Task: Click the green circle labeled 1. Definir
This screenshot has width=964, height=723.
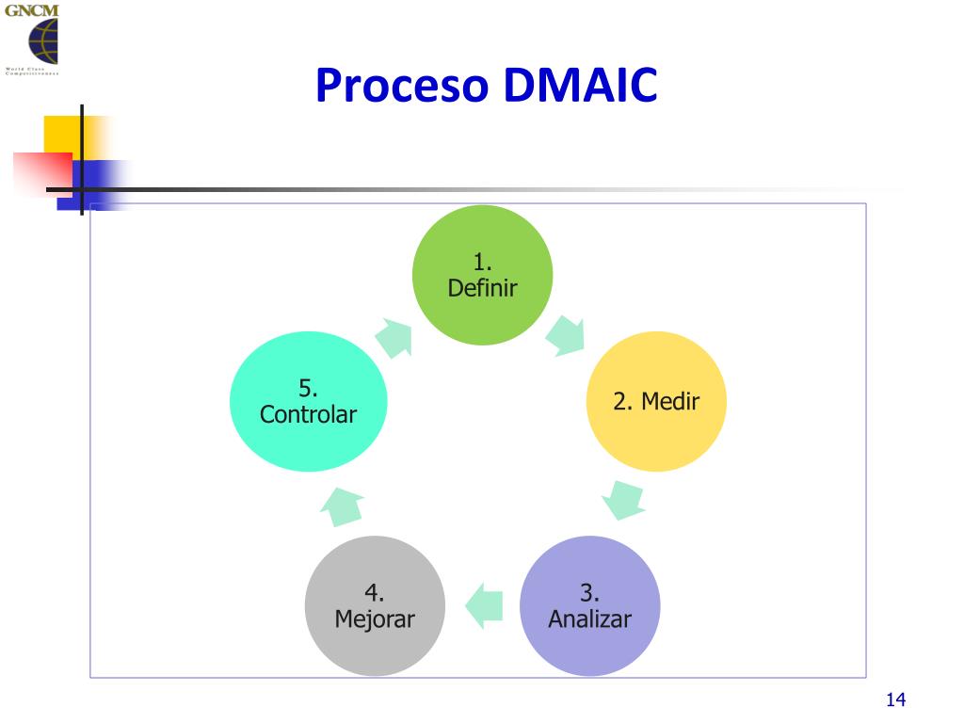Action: [x=483, y=275]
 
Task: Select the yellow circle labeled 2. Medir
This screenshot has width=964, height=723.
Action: [x=656, y=402]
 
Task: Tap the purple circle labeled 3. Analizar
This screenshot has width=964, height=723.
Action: [x=590, y=605]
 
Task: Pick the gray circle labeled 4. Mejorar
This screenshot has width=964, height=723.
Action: [x=375, y=605]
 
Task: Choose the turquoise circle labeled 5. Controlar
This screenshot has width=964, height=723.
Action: [x=309, y=402]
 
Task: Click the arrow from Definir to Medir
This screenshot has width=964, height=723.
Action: [x=566, y=335]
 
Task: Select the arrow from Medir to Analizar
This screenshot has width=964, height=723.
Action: [x=623, y=500]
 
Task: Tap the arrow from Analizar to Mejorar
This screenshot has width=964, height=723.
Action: [x=484, y=605]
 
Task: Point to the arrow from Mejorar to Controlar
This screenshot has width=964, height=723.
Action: [x=342, y=506]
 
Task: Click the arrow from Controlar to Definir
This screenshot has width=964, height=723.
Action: [x=394, y=336]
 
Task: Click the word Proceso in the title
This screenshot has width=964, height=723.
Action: [x=402, y=86]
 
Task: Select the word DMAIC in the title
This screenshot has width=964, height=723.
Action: [x=579, y=86]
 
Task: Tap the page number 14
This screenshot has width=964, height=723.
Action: [x=894, y=699]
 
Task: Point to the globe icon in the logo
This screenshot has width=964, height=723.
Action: [x=42, y=42]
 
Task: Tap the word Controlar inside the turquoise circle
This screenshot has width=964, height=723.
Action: [x=309, y=414]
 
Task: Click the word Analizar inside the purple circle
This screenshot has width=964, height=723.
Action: [x=589, y=619]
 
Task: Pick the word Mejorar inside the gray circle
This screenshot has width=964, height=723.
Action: [x=375, y=619]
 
